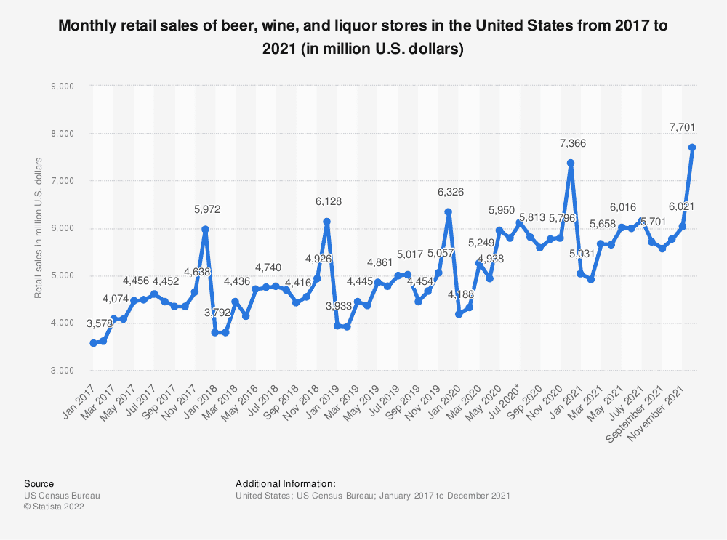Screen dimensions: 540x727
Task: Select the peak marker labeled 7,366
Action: pos(571,163)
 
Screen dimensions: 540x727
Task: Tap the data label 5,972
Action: pos(206,209)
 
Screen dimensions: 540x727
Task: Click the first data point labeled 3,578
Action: pos(93,343)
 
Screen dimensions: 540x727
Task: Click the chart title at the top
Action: pos(363,36)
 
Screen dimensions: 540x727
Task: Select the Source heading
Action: pos(39,483)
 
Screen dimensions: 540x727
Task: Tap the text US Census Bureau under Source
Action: pos(62,496)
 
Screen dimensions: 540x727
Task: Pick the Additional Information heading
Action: pos(285,483)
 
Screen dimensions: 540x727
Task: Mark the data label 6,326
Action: pos(450,191)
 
